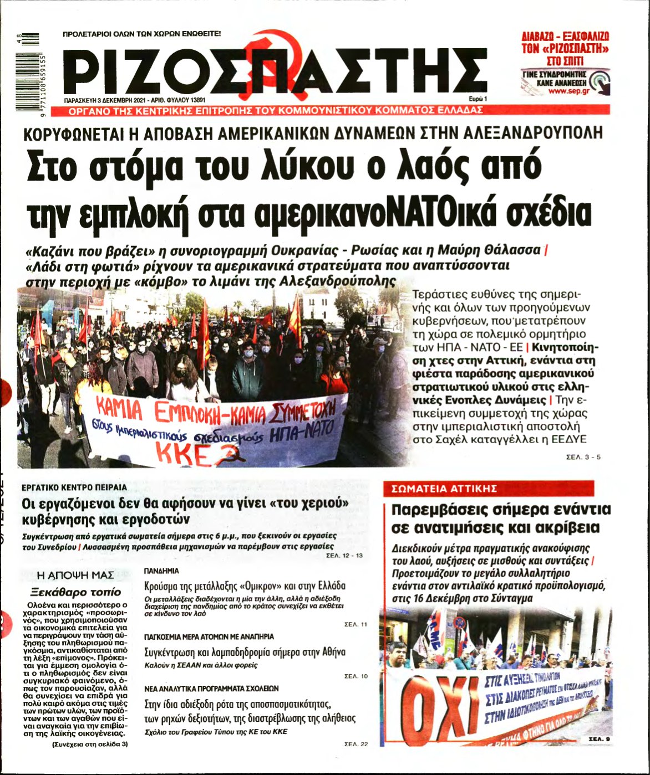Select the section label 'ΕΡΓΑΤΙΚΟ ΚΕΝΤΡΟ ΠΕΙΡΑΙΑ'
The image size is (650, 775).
pyautogui.click(x=74, y=487)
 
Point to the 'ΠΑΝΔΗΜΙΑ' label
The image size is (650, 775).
pyautogui.click(x=161, y=570)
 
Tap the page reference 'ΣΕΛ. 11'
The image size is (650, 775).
pyautogui.click(x=356, y=624)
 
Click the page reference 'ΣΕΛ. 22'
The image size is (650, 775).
pyautogui.click(x=356, y=743)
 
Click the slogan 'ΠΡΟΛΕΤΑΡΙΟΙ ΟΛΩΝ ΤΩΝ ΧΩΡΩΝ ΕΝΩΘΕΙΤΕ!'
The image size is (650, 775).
pyautogui.click(x=142, y=34)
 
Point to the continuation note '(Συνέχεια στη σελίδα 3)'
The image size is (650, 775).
pyautogui.click(x=90, y=744)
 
